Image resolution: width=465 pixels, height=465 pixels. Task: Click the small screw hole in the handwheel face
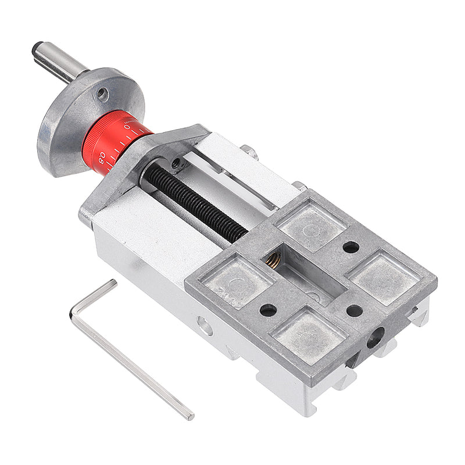point(102,94)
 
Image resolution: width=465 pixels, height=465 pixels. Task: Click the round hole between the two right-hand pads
point(351,247)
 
